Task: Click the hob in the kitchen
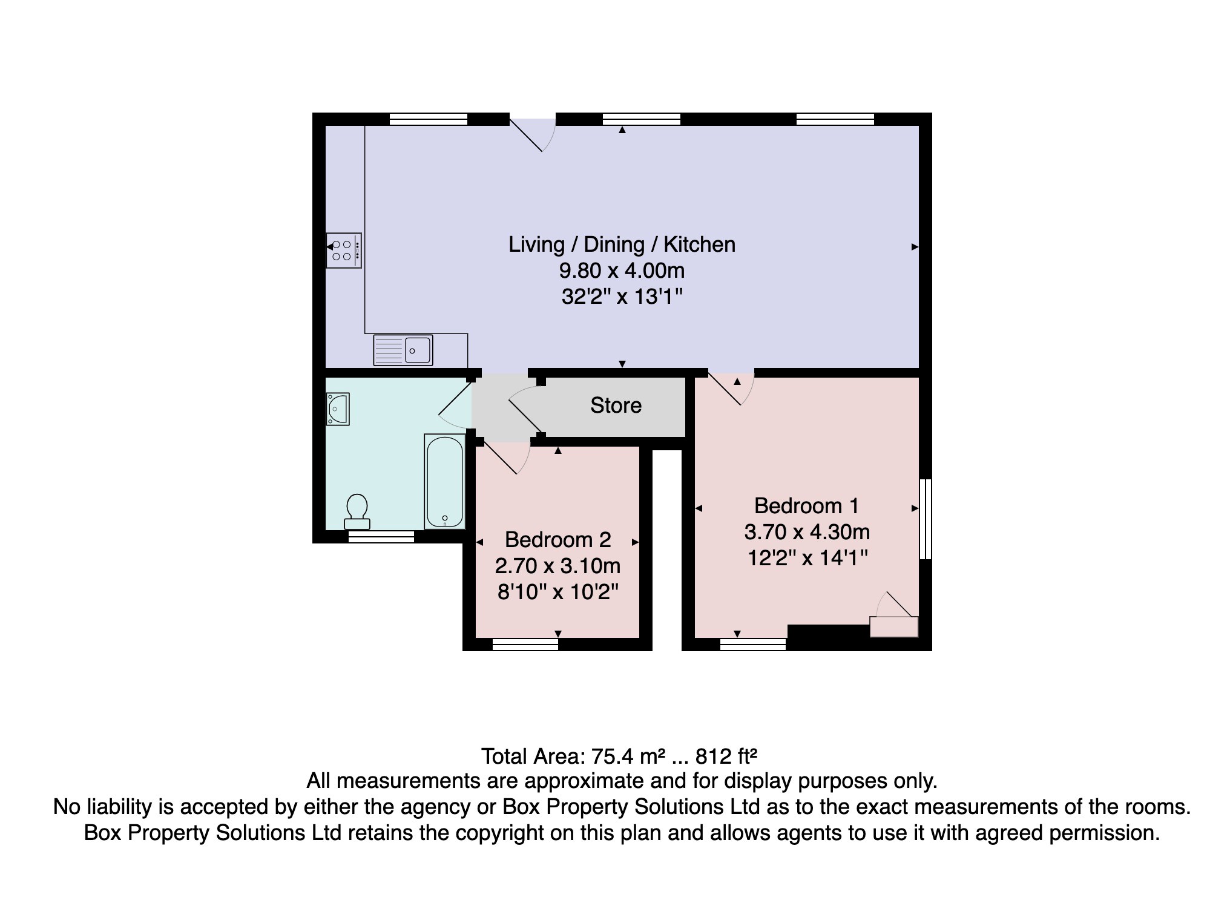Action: [x=344, y=250]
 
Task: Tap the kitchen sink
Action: [x=403, y=350]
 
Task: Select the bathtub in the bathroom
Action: [x=445, y=481]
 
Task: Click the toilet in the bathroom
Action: [x=357, y=512]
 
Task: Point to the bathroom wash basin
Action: [x=338, y=409]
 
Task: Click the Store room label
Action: [x=616, y=405]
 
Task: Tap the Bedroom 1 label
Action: [x=806, y=505]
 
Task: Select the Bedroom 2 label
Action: [x=558, y=539]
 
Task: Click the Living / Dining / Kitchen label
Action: [x=622, y=244]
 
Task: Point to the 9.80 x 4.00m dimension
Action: [x=622, y=271]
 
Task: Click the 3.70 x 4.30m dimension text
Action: [x=807, y=532]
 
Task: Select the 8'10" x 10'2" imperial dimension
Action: [x=558, y=591]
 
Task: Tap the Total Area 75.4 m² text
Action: [x=573, y=756]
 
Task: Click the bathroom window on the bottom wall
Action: [x=381, y=537]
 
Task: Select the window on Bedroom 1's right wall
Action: [x=926, y=519]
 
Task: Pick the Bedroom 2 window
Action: [x=525, y=645]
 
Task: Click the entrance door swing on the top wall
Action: [x=533, y=134]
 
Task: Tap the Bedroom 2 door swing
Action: [x=507, y=459]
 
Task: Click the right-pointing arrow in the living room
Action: [x=915, y=247]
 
